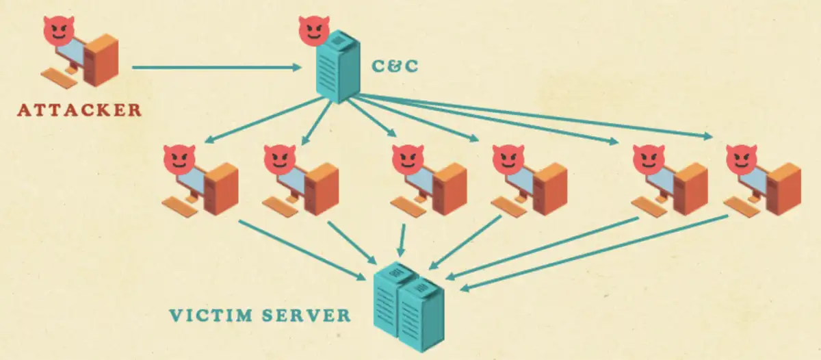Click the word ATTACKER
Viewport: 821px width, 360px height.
point(79,110)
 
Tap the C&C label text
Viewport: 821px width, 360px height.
point(394,66)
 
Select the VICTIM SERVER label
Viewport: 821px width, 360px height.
point(260,316)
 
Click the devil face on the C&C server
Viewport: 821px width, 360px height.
point(313,29)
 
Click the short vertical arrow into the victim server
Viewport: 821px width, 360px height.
point(402,240)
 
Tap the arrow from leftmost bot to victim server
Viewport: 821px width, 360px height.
point(301,248)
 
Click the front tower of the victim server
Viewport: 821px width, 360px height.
point(421,315)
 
